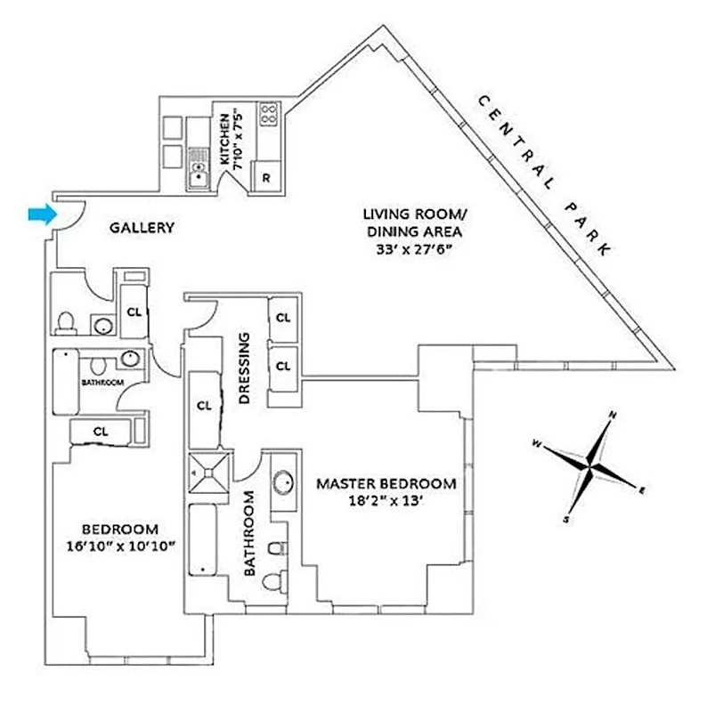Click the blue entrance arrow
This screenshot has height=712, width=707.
40,214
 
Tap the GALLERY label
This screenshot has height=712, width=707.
142,228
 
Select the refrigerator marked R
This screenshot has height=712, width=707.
266,177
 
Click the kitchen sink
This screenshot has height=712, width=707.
199,174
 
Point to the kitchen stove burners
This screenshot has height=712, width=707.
268,113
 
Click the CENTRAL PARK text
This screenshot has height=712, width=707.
544,174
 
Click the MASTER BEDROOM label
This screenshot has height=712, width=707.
386,484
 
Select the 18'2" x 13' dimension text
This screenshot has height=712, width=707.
386,501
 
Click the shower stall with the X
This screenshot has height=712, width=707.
209,473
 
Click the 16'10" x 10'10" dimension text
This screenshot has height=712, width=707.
120,545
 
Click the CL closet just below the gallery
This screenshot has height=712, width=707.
134,311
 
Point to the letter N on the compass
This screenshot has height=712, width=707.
613,415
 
